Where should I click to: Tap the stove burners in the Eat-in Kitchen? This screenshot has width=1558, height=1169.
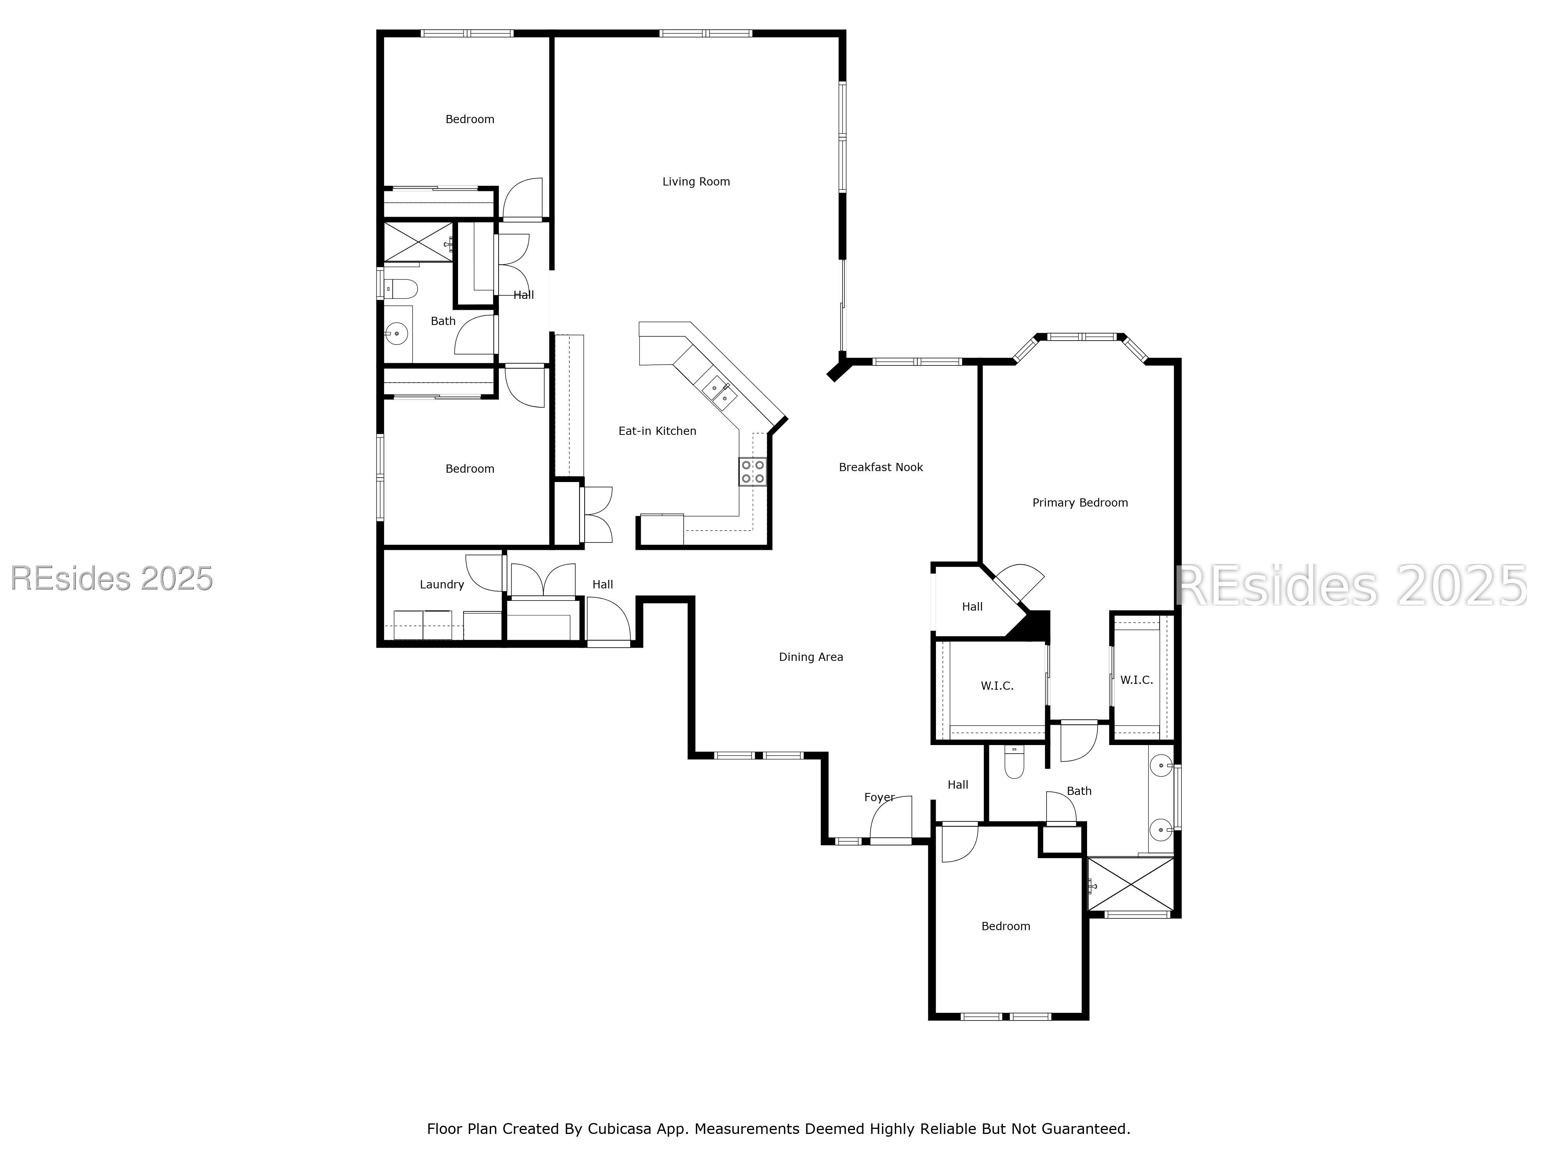pos(752,471)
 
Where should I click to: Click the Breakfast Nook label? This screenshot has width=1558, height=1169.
pos(880,467)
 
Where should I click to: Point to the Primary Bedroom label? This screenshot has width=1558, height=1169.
pos(1080,502)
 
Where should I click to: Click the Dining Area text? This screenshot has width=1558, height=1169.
pos(811,657)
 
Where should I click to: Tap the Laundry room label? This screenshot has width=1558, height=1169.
pos(442,584)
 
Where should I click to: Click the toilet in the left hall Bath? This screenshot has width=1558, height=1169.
pos(402,288)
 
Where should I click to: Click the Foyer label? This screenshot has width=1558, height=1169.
pos(879,797)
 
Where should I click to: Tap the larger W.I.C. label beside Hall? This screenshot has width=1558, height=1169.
pos(997,685)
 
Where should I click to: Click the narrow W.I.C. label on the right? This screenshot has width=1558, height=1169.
pos(1136,680)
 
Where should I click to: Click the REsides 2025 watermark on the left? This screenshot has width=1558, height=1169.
pos(111,579)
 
